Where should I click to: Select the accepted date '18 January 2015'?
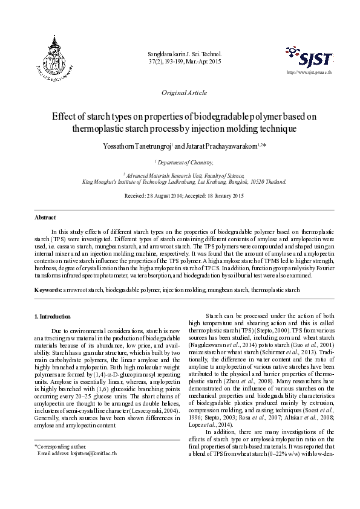(x=220, y=196)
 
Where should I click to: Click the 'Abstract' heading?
(x=45, y=217)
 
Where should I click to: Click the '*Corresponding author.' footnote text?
(x=60, y=446)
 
